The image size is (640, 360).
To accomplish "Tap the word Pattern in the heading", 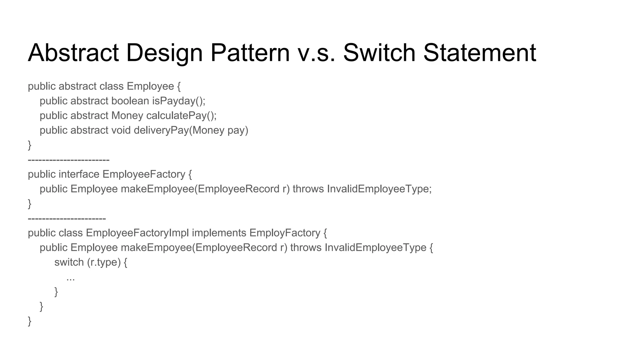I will [x=250, y=52].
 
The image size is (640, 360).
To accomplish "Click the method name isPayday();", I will [x=179, y=101].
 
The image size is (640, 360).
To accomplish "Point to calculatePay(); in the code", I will [x=181, y=116].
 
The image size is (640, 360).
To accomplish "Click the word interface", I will [x=79, y=174].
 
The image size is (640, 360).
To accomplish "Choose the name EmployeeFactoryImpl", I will [x=137, y=233].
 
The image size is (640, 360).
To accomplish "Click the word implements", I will [x=219, y=233].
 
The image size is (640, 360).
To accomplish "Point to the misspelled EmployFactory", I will [x=285, y=233].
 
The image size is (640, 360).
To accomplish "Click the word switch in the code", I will [x=69, y=262].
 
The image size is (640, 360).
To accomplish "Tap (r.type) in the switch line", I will [x=104, y=262].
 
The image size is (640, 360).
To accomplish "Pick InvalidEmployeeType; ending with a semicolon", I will [x=379, y=189].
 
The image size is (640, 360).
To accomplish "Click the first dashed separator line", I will [x=68, y=160].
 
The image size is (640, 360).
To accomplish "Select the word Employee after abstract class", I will [x=150, y=86].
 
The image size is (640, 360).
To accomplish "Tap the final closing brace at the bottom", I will [x=30, y=321].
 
